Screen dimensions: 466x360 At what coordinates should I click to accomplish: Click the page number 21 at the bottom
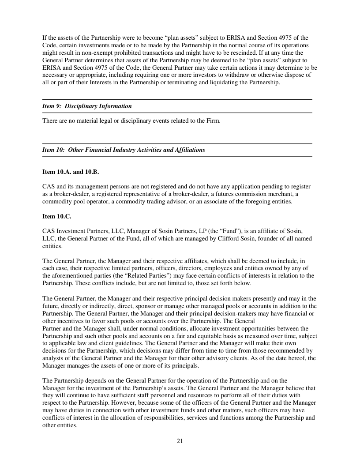click(180, 441)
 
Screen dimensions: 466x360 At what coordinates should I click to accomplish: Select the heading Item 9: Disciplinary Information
click(87, 106)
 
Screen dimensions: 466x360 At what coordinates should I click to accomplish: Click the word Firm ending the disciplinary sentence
click(212, 120)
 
